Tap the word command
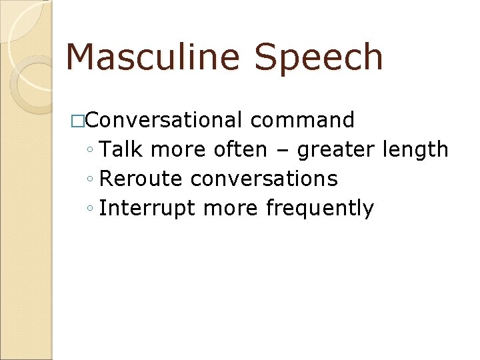(x=303, y=120)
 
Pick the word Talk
(x=122, y=149)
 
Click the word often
(x=240, y=149)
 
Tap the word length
(x=416, y=149)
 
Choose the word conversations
(x=264, y=179)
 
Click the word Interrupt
(x=147, y=208)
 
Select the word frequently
(x=320, y=208)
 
